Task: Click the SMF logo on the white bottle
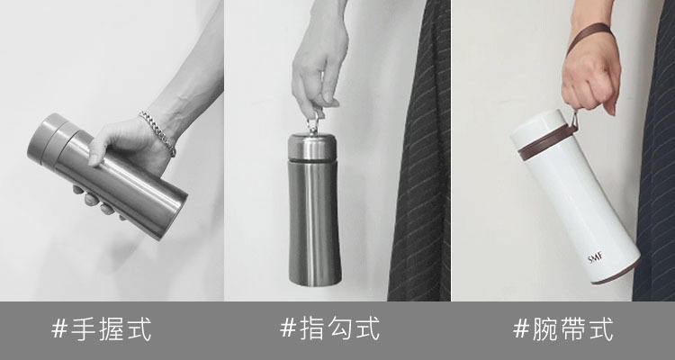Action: coord(596,258)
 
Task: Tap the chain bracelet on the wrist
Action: coord(157,132)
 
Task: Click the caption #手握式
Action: coord(102,329)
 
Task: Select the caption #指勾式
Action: coord(329,328)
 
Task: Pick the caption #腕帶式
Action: coord(563,329)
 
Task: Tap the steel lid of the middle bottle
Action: coord(311,148)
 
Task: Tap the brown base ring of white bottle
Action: coord(616,273)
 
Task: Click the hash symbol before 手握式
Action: coord(59,329)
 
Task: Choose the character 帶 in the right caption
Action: coord(576,329)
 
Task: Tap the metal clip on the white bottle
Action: coord(573,120)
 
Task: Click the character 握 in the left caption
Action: coord(114,329)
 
